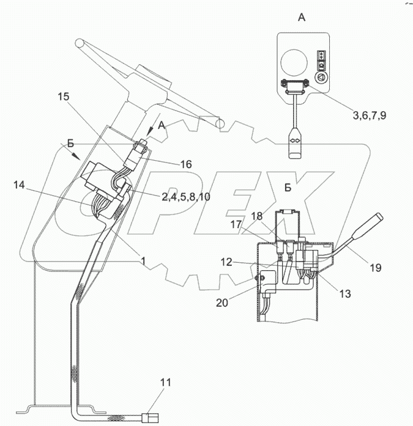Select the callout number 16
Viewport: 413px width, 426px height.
pos(185,164)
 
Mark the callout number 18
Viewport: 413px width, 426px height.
pos(256,216)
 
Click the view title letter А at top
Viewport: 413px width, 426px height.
pos(301,18)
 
